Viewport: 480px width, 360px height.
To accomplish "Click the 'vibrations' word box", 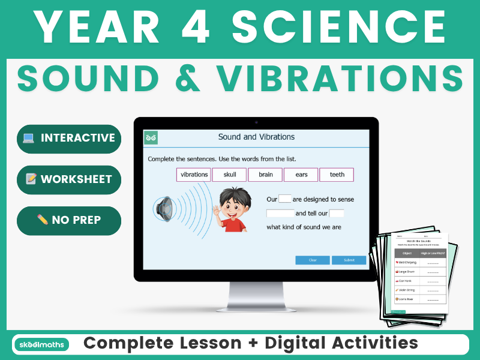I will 194,175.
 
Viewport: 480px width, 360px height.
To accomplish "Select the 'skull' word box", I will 230,175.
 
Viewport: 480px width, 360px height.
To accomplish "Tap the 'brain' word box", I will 265,175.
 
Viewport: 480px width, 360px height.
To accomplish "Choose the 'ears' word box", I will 301,175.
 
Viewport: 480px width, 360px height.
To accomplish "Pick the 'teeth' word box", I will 337,175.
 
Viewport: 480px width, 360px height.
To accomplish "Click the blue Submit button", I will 349,260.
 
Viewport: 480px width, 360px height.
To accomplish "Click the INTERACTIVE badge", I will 69,139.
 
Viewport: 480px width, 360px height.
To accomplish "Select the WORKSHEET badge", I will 69,179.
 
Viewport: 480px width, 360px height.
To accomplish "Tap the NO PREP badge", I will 69,220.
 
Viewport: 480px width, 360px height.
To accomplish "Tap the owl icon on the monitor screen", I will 151,138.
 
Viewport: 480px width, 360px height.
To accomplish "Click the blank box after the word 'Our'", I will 285,199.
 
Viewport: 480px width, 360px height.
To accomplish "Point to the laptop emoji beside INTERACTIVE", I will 28,139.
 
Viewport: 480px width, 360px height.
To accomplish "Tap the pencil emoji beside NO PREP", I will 42,220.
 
